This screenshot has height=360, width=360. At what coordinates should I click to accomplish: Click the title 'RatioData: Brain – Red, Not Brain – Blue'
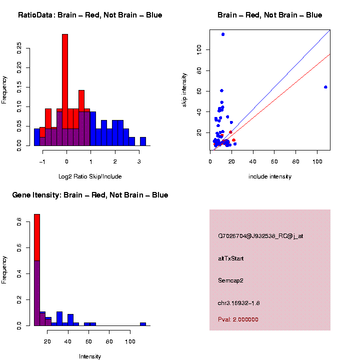click(x=90, y=15)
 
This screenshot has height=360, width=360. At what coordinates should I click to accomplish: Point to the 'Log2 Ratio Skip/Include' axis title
click(x=90, y=176)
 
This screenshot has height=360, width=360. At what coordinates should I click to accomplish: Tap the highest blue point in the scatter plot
click(x=223, y=34)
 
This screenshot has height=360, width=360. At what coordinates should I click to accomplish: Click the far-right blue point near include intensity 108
click(x=325, y=87)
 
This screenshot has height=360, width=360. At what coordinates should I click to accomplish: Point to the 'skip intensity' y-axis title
click(x=184, y=89)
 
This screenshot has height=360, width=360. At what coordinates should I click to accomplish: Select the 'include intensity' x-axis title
click(x=270, y=176)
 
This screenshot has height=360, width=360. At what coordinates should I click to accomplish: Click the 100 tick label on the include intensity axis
click(x=316, y=161)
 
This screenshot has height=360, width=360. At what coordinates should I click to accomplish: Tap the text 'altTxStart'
click(x=231, y=258)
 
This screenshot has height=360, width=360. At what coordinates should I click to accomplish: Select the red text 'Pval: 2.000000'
click(x=238, y=319)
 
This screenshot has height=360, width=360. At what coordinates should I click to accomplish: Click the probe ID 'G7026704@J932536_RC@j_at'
click(x=260, y=236)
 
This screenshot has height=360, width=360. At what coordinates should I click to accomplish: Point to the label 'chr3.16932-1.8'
click(x=239, y=303)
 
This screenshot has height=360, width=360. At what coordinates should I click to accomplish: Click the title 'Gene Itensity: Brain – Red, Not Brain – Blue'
click(x=90, y=195)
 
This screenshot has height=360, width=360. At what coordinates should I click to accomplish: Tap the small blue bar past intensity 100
click(x=143, y=324)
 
